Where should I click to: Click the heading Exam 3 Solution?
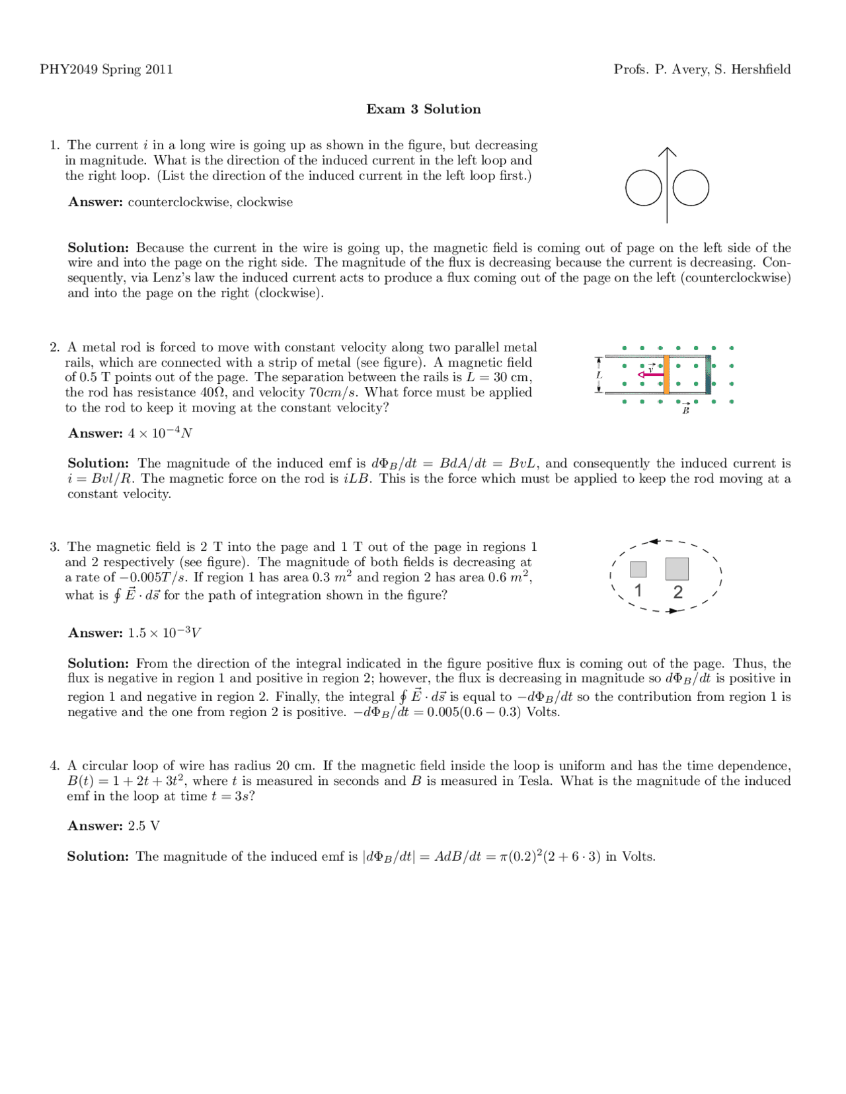[423, 109]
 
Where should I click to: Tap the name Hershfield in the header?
[759, 69]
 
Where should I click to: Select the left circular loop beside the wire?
[643, 188]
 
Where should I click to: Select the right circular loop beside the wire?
[691, 188]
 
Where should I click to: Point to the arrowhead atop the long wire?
[668, 152]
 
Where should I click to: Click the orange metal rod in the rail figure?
[666, 375]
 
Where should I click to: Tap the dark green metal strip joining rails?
[708, 375]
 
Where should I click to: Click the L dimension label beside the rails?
[599, 375]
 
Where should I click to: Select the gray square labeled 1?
[638, 569]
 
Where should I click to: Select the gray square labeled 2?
[677, 568]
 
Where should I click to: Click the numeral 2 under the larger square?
[677, 592]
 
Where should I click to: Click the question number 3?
[55, 547]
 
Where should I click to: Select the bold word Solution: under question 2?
[98, 463]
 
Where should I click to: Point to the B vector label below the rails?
[685, 410]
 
